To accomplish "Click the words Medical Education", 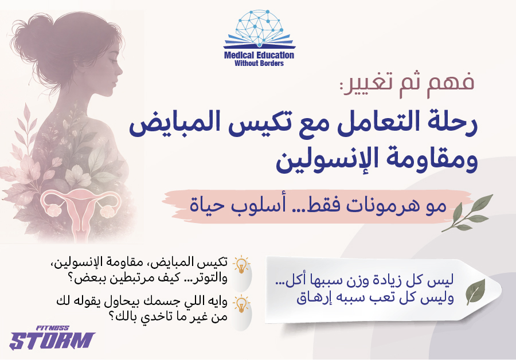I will point(259,56).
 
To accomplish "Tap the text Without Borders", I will point(259,63).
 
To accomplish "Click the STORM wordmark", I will point(52,341).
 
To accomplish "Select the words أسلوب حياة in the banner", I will point(247,205).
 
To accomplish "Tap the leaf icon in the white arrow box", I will point(475,292).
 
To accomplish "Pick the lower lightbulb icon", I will point(243,302).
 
